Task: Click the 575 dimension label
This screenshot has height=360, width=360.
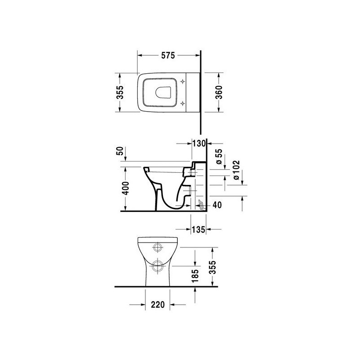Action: point(168,55)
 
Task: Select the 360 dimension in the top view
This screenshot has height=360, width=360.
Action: point(219,92)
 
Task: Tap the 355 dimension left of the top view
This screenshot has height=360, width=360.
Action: point(120,92)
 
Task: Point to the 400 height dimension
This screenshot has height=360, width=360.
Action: point(126,188)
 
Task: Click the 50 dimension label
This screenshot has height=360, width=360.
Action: point(120,151)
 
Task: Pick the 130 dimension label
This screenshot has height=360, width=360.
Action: point(199,144)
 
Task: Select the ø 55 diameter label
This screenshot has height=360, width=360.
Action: point(219,156)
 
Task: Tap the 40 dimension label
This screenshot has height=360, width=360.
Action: point(217,205)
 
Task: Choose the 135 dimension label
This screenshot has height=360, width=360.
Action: point(198,229)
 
